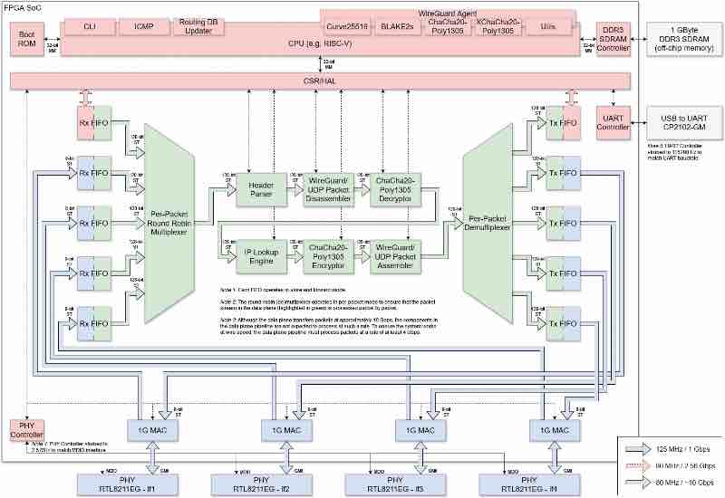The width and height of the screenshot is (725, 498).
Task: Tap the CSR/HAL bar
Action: click(319, 81)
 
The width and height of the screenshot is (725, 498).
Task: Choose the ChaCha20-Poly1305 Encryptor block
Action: click(324, 257)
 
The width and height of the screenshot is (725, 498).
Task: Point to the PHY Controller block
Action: click(26, 429)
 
